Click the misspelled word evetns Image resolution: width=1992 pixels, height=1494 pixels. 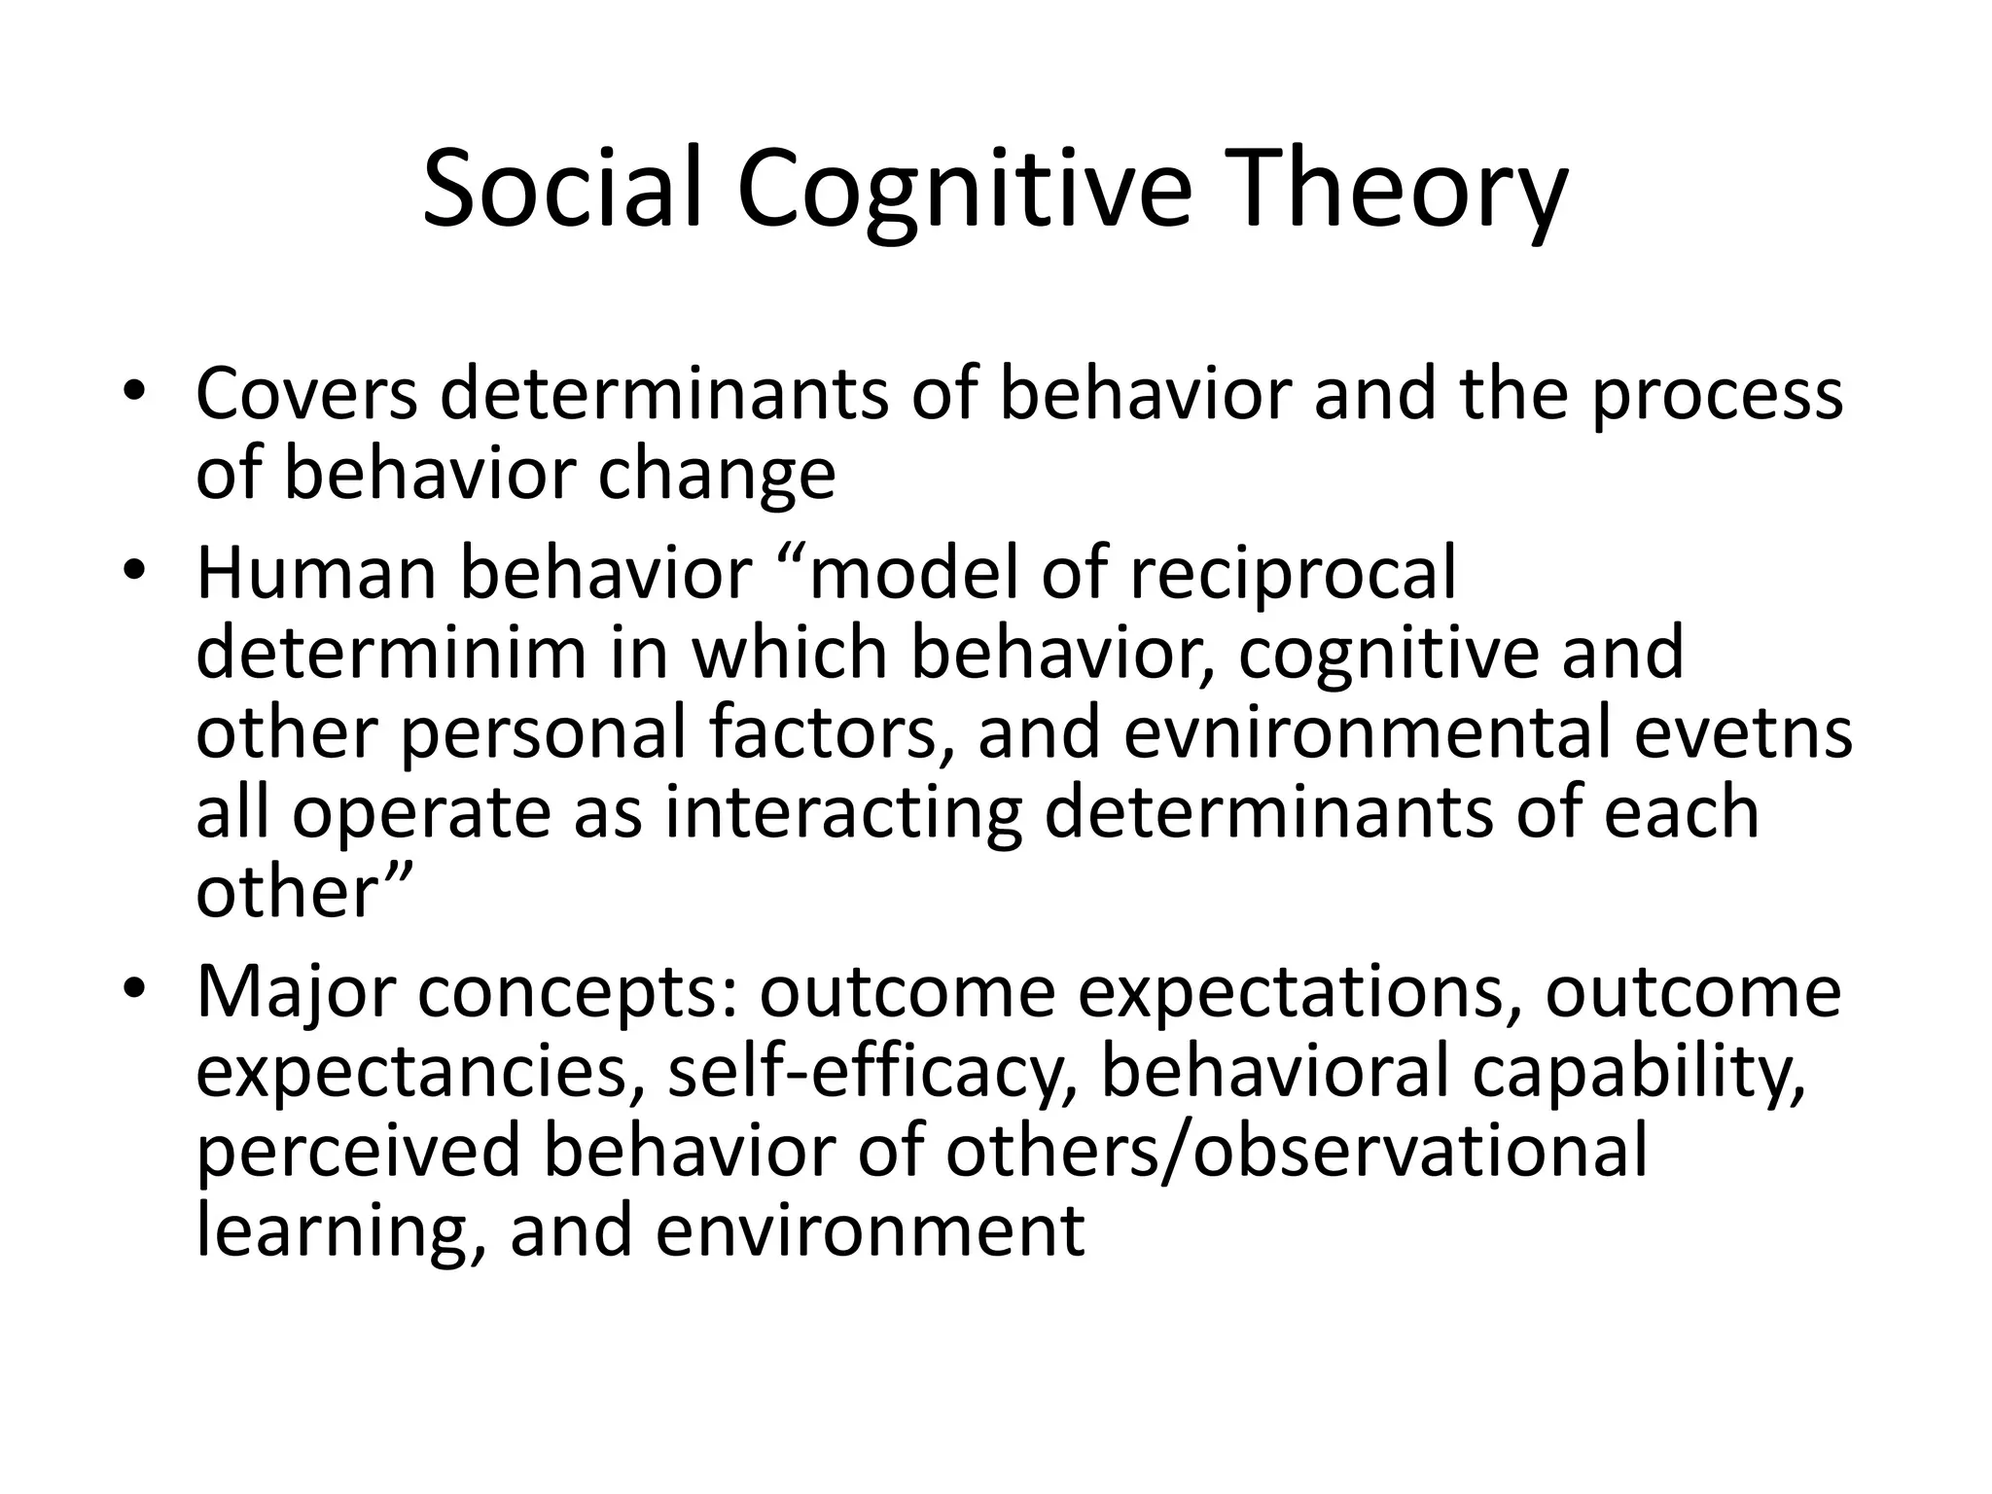(x=1743, y=732)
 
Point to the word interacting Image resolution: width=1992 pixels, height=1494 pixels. (x=843, y=814)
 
